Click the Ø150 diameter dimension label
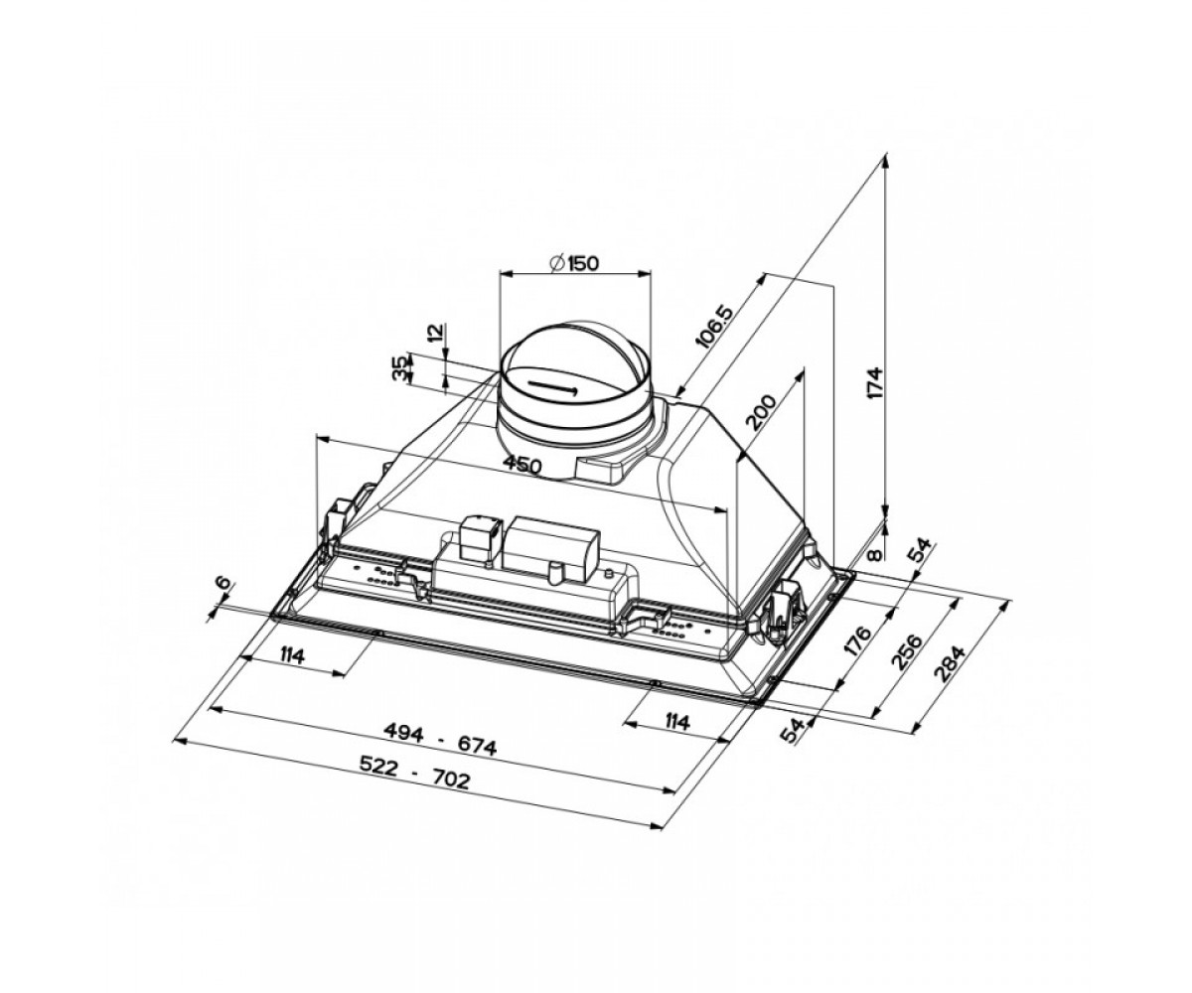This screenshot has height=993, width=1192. point(574,263)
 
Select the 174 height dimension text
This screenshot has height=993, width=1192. point(875,383)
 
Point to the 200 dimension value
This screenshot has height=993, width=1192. point(762,412)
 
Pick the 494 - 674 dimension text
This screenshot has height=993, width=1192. point(440,739)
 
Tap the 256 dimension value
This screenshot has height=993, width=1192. point(907,652)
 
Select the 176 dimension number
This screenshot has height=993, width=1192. point(857,641)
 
